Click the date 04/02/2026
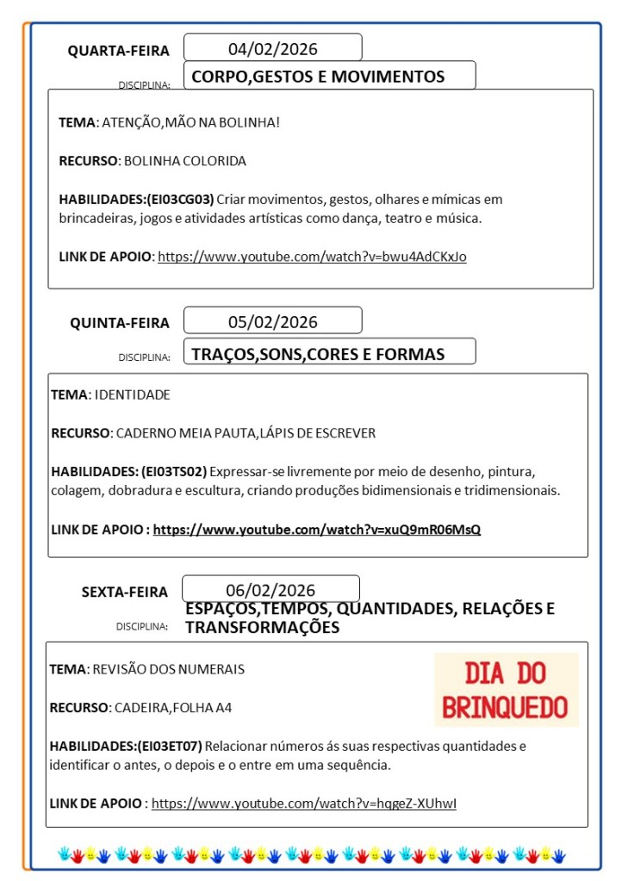coord(272,48)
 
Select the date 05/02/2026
coord(272,322)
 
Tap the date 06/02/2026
coord(271,590)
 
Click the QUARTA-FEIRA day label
coord(119,51)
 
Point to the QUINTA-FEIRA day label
coord(120,323)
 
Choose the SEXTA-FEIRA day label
coord(125,592)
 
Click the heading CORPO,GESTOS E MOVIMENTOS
coord(318,77)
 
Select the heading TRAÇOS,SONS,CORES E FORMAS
coord(318,354)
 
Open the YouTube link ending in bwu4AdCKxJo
coord(312,256)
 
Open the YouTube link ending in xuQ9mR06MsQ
coord(316,529)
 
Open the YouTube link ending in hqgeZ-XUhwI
coord(303,803)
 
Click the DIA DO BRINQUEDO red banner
coord(506,690)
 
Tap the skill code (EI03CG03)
coord(179,199)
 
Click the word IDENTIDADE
coord(132,394)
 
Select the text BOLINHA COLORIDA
coord(185,161)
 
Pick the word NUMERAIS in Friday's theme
coord(214,668)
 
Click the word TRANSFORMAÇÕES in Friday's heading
coord(262,628)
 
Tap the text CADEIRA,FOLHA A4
coord(172,707)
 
